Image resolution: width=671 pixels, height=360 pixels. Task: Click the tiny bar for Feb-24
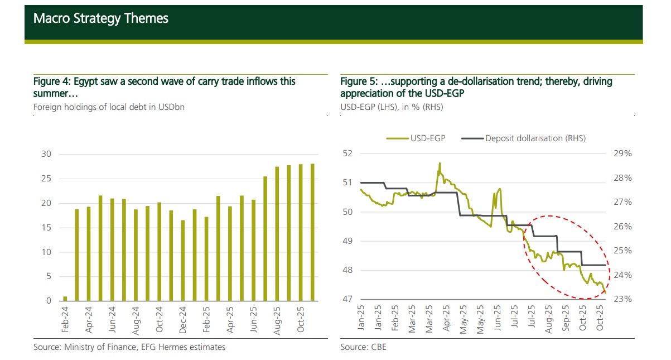pos(65,299)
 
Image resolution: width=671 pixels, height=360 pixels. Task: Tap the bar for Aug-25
pos(277,234)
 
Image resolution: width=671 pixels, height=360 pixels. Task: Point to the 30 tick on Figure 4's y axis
pos(46,154)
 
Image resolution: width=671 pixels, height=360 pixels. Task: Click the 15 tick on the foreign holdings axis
pos(46,228)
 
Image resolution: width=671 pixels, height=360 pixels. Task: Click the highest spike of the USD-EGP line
pos(440,164)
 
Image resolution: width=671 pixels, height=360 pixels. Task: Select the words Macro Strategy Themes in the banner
pos(100,18)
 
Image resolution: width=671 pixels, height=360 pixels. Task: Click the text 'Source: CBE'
pos(363,347)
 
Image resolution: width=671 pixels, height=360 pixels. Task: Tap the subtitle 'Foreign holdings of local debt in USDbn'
pos(109,107)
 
